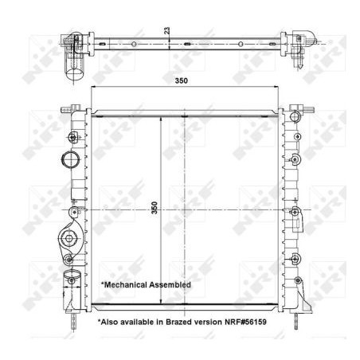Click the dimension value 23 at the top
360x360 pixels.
(166, 30)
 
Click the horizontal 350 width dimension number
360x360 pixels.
(181, 80)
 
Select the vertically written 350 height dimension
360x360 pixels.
(154, 208)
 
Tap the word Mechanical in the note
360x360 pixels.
(125, 285)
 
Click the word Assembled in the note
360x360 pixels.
(170, 285)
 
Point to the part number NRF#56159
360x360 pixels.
(245, 322)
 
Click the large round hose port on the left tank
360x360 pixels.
(70, 159)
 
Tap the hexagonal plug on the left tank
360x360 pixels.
(69, 238)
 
